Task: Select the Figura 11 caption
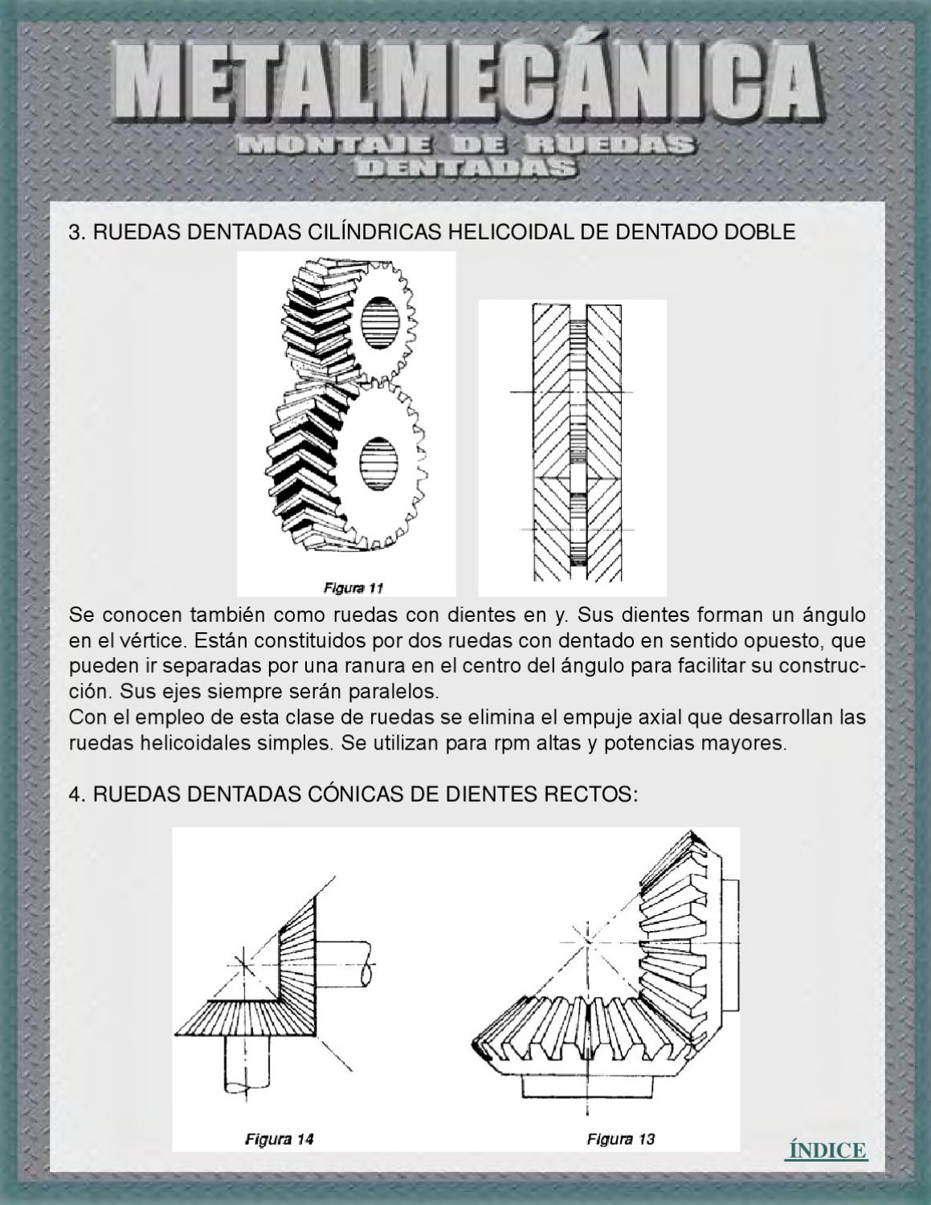(353, 588)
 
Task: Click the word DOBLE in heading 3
(760, 232)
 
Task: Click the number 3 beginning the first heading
(76, 232)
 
